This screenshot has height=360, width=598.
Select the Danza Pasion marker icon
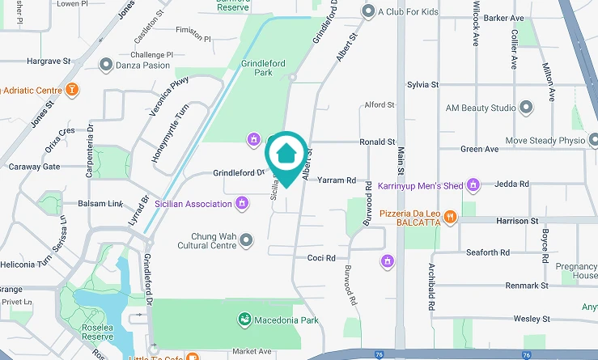tap(105, 64)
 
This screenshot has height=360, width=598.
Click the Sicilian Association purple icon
tap(241, 204)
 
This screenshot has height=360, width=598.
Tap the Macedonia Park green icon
tap(243, 320)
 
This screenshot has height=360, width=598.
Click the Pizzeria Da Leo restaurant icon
tap(450, 215)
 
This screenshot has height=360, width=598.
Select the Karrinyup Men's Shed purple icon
tap(474, 186)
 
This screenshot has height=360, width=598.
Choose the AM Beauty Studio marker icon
tap(527, 108)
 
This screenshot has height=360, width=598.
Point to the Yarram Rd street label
tap(337, 180)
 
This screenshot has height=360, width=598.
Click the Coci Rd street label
tap(320, 258)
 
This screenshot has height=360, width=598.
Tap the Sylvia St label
tap(422, 84)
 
